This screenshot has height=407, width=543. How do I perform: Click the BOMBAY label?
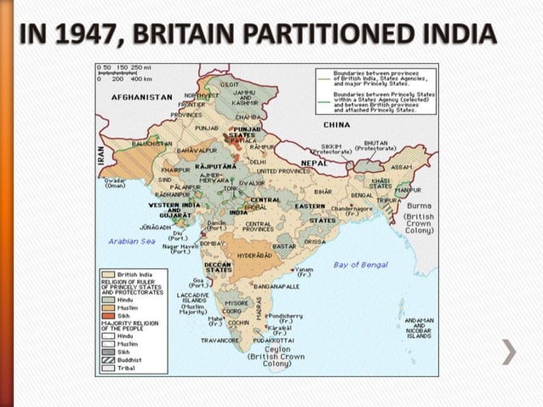[212, 243]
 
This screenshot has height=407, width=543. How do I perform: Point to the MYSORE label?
[237, 302]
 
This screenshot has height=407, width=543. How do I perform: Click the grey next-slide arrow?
[508, 352]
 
